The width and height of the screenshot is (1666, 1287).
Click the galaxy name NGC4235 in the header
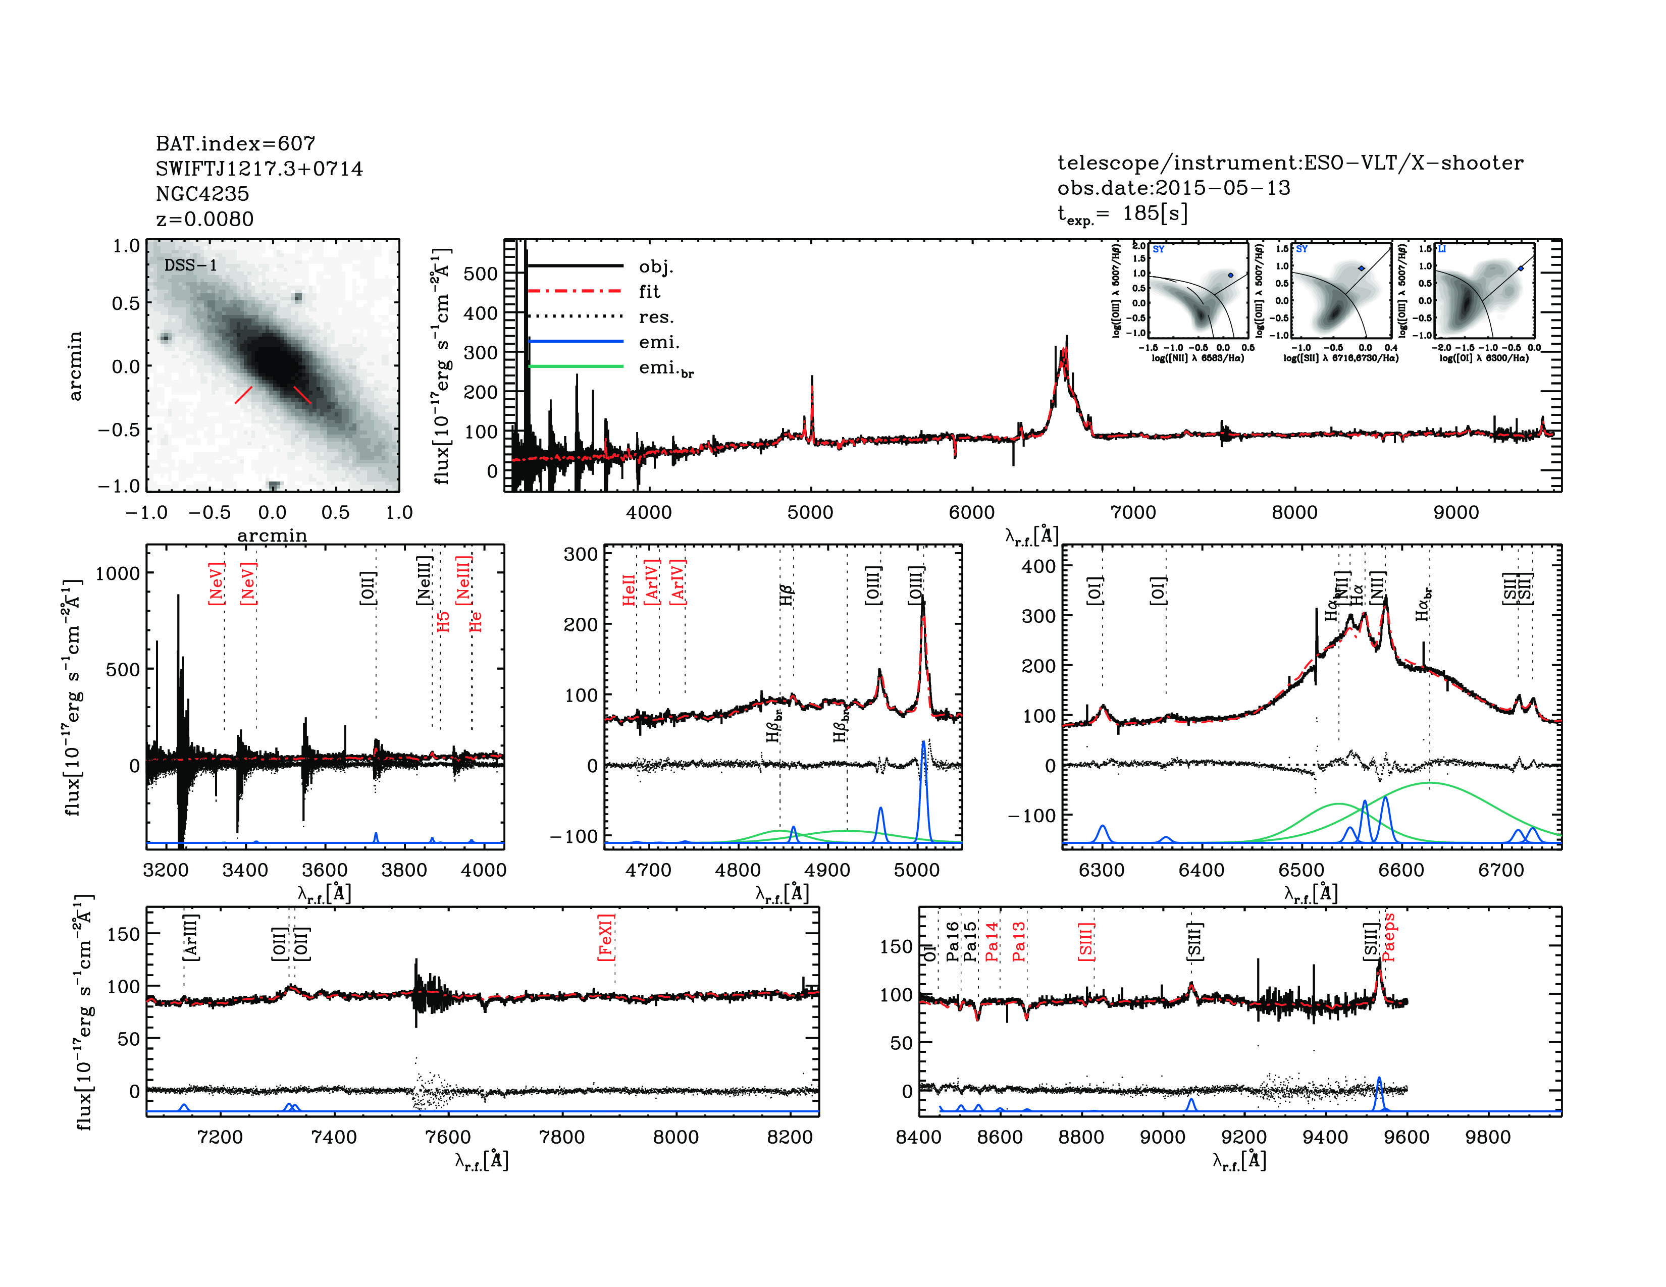[x=202, y=194]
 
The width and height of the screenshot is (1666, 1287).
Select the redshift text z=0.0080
[x=204, y=219]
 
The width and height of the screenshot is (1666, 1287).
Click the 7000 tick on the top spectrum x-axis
[x=1133, y=512]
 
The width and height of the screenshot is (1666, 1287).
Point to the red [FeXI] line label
[x=606, y=937]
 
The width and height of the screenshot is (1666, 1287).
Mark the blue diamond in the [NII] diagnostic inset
[x=1230, y=275]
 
